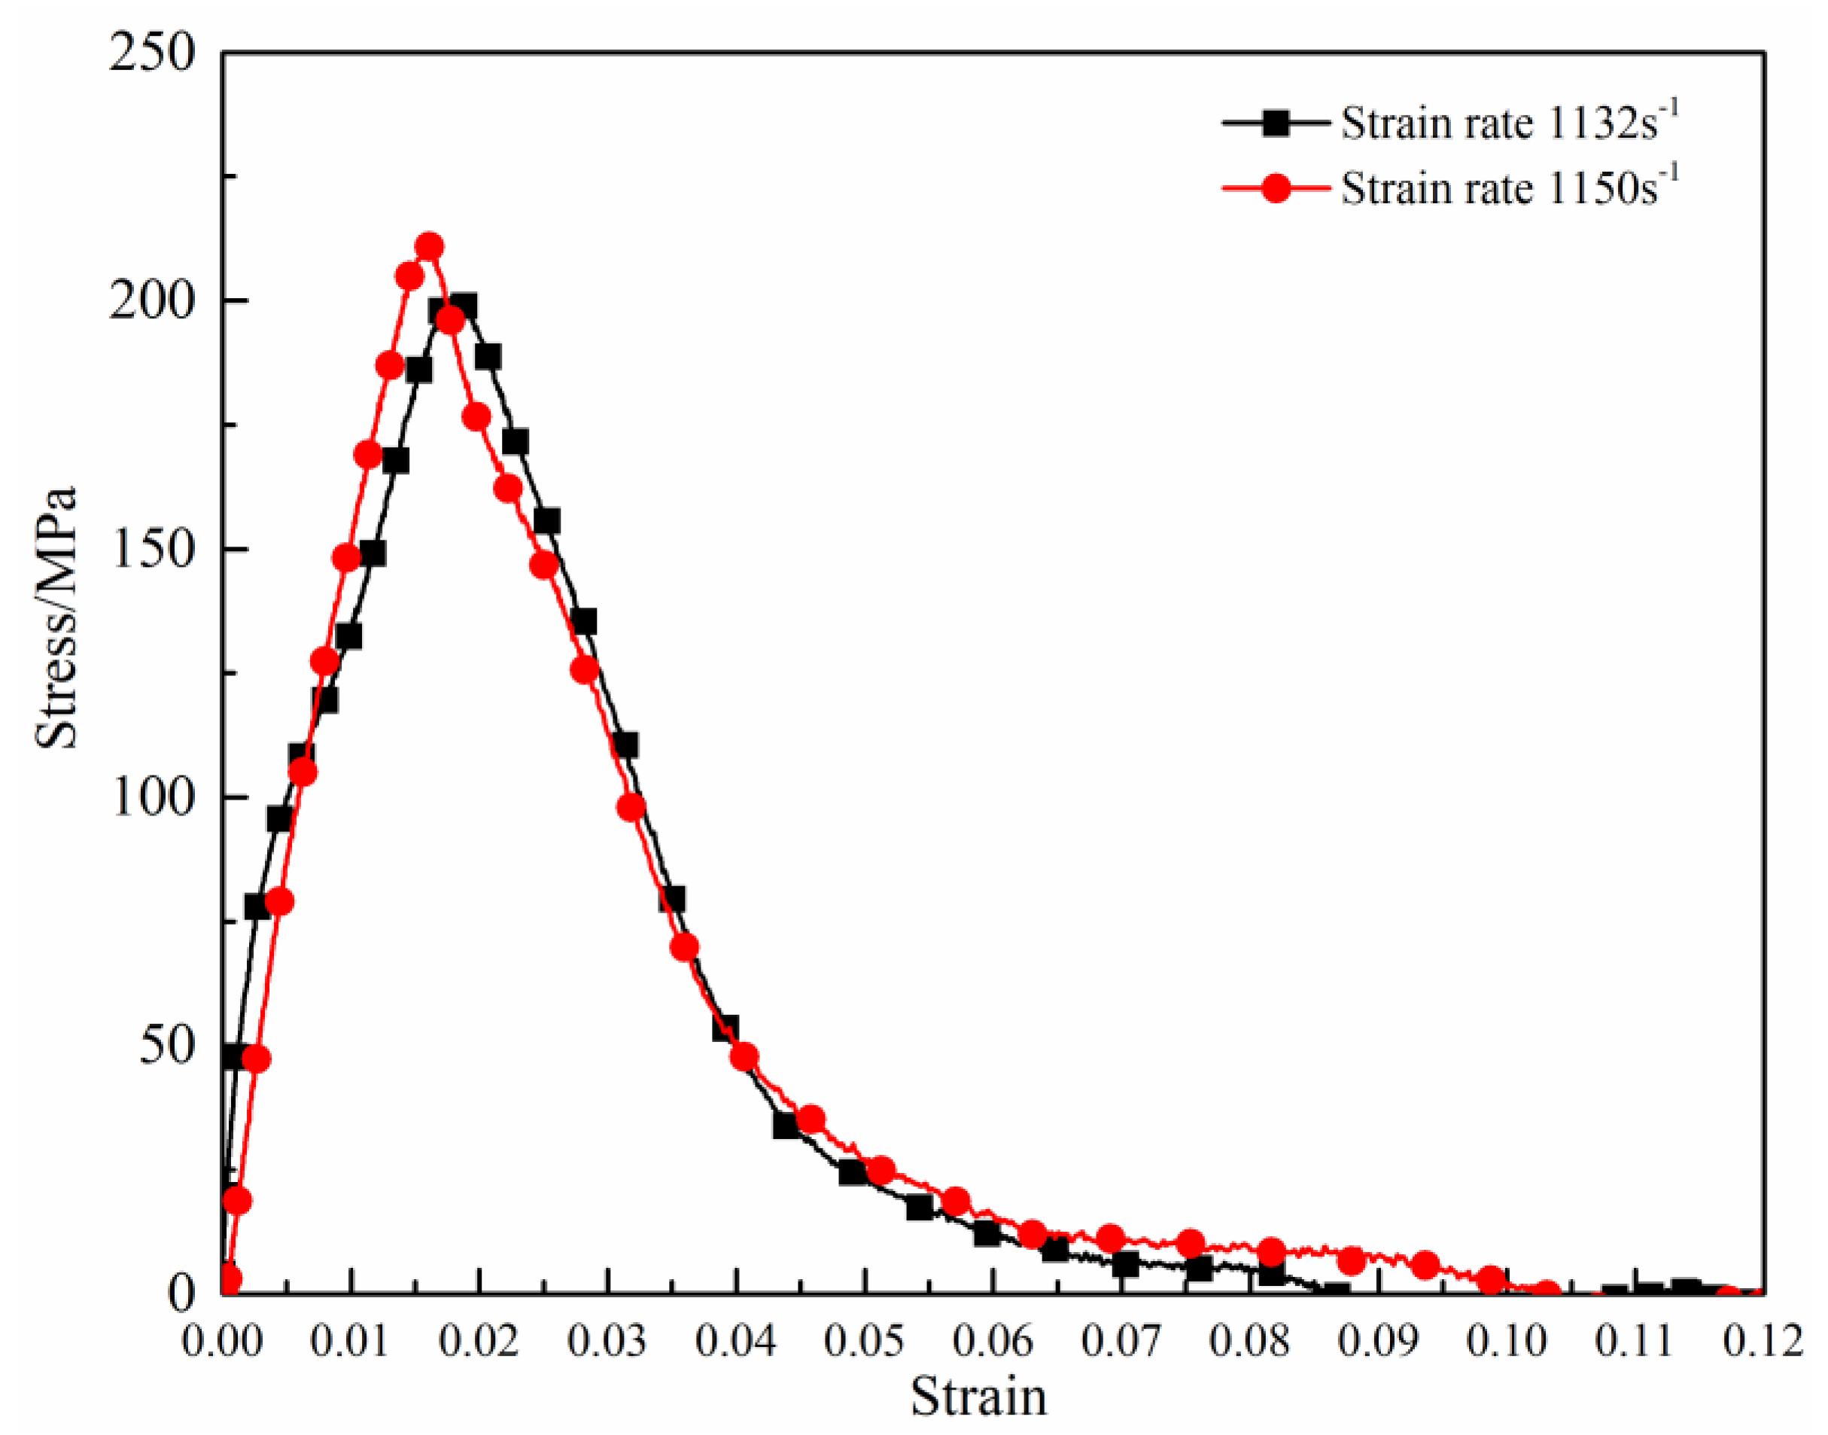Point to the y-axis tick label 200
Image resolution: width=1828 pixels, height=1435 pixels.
click(151, 301)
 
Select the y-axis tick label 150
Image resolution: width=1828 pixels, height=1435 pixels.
click(151, 549)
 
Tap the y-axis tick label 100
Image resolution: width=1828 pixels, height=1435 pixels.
click(151, 797)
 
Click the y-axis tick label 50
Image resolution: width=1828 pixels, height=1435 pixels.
click(166, 1044)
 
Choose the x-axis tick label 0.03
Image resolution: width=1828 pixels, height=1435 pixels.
click(607, 1341)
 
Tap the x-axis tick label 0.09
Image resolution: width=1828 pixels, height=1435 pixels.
click(1377, 1341)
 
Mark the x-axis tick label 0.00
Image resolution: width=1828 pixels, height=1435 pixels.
click(222, 1341)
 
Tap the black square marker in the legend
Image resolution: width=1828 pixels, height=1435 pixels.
click(1276, 123)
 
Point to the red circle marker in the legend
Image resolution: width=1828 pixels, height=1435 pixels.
click(1276, 188)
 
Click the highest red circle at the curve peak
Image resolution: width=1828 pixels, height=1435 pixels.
click(429, 247)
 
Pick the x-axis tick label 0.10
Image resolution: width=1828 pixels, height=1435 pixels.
click(1506, 1341)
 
